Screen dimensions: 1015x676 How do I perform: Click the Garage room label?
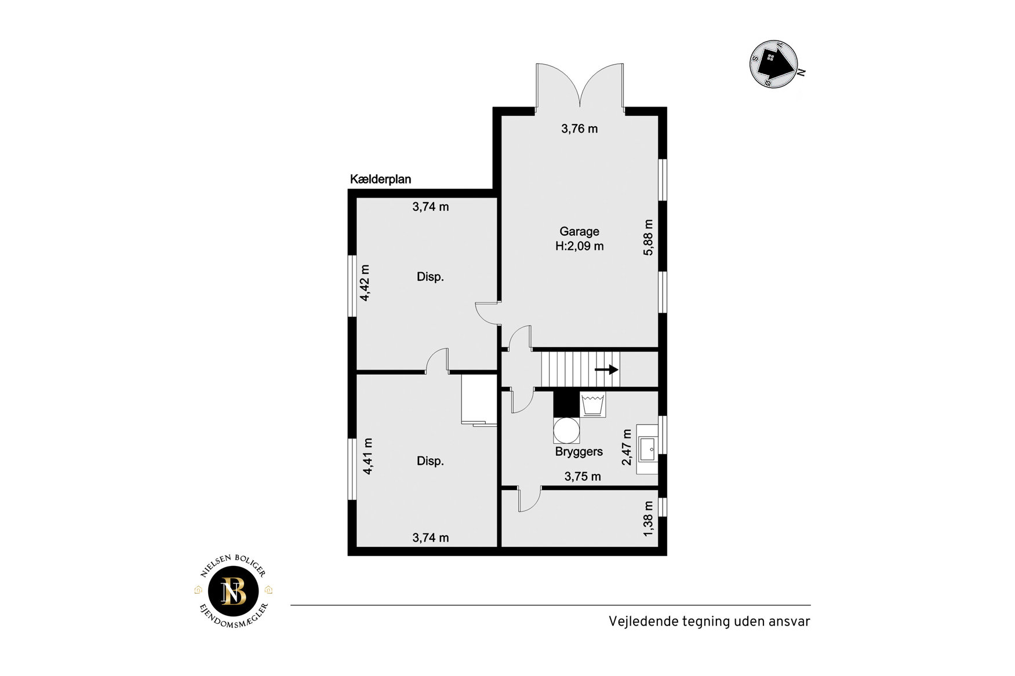pos(579,232)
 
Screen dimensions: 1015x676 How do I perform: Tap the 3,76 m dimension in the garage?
pos(579,129)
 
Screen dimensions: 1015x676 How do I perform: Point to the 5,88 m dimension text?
pos(648,237)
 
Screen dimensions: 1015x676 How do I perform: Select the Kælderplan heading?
pos(380,180)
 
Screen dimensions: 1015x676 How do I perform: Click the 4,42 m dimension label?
pos(365,283)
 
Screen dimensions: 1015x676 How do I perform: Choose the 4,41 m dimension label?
pos(367,456)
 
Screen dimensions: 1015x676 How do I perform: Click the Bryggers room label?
pos(579,452)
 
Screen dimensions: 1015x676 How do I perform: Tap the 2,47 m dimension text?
pos(627,447)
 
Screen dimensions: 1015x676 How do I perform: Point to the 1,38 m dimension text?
pos(648,519)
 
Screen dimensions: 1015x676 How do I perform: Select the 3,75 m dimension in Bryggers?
pos(583,477)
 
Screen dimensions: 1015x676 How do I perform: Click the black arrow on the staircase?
pos(606,370)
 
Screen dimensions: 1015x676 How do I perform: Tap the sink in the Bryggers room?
pos(647,450)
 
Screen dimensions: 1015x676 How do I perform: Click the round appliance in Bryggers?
pos(566,430)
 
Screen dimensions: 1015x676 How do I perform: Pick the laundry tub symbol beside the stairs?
pos(593,404)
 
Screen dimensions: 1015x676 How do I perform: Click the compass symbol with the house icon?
pos(774,64)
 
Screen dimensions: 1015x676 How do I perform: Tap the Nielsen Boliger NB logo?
pos(234,591)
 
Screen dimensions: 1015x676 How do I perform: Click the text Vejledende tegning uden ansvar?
pos(709,622)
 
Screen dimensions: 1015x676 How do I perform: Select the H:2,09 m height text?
pos(579,246)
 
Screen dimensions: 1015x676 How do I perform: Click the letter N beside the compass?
pos(802,72)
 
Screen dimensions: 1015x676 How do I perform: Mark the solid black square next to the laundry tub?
pos(566,404)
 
